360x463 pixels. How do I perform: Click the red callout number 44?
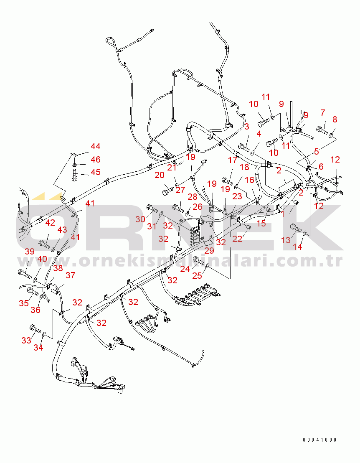click(x=95, y=146)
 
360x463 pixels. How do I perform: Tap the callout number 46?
click(x=95, y=160)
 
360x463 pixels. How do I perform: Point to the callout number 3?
click(x=247, y=127)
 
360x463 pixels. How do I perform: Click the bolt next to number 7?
click(x=322, y=130)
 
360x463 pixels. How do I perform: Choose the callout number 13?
click(x=286, y=240)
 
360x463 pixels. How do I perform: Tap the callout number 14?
click(x=297, y=247)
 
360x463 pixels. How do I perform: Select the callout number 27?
click(x=180, y=190)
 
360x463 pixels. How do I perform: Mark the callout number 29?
click(x=209, y=251)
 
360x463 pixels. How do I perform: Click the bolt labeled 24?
click(x=198, y=261)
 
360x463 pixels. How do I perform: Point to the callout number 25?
click(x=197, y=276)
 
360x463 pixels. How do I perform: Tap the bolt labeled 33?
click(x=35, y=328)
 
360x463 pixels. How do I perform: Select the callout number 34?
click(x=38, y=348)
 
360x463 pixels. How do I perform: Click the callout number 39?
click(x=30, y=252)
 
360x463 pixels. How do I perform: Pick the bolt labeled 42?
click(x=44, y=244)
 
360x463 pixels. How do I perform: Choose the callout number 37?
click(x=70, y=275)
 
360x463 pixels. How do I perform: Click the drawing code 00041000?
click(x=319, y=440)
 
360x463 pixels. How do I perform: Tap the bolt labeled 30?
click(x=152, y=209)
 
